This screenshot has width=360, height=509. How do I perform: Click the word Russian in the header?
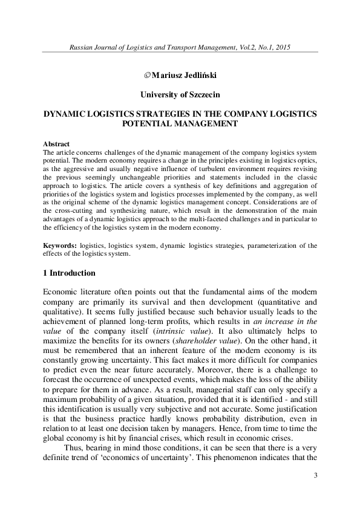[82, 47]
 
